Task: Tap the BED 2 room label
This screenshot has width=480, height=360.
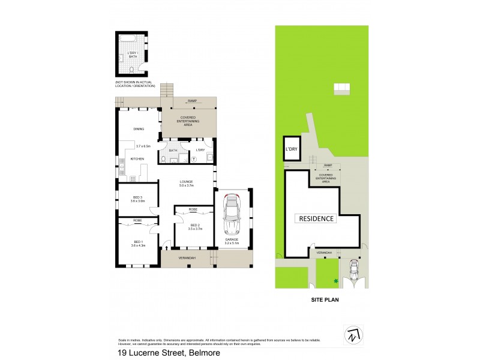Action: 193,226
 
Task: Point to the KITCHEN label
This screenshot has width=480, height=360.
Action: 138,158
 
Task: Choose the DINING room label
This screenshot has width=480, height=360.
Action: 139,128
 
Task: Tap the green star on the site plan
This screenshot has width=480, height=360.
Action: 337,280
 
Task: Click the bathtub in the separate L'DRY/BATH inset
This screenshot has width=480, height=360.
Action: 127,39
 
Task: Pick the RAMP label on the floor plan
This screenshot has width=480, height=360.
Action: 192,101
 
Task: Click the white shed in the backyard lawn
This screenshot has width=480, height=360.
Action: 341,89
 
